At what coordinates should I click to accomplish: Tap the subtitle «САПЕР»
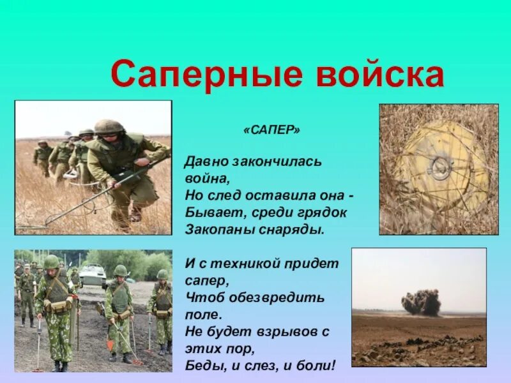click(x=271, y=130)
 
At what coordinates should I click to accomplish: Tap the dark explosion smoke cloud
click(x=422, y=302)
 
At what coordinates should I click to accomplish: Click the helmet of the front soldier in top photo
click(x=109, y=126)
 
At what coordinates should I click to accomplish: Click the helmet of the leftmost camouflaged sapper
click(x=51, y=262)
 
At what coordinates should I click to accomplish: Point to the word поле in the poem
click(x=202, y=315)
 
